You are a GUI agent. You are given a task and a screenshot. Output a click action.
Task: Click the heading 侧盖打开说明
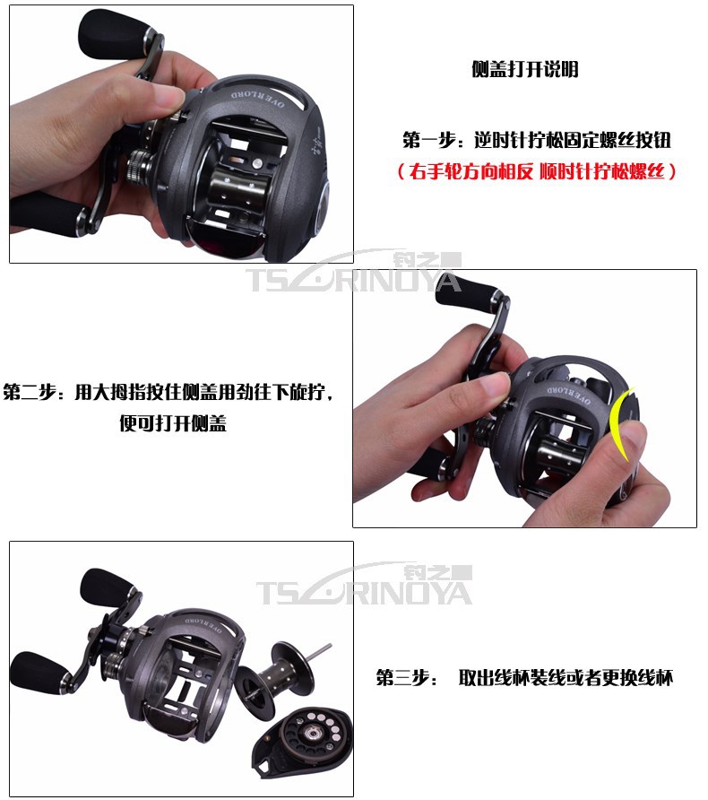click(525, 69)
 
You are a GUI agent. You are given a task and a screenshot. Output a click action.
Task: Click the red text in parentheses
click(537, 171)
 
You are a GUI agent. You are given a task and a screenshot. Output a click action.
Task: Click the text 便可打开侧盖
click(173, 423)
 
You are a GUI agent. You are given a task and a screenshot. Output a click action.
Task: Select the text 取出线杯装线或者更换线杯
click(566, 677)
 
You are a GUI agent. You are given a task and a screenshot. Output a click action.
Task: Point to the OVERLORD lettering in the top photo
click(258, 99)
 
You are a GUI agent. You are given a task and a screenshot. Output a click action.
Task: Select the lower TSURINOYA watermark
click(365, 585)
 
